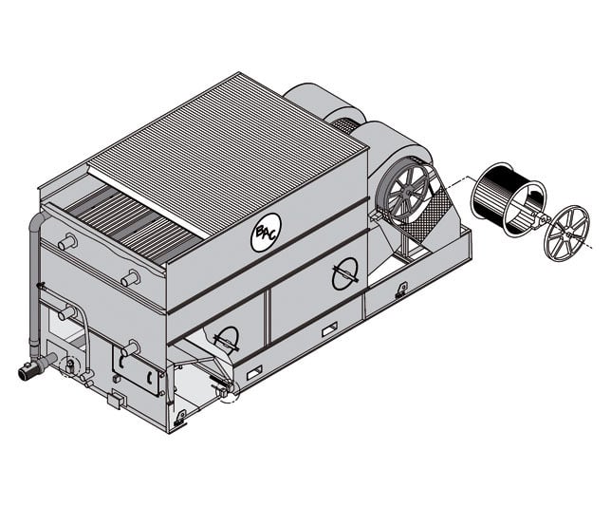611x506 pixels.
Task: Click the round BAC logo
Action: (x=267, y=233)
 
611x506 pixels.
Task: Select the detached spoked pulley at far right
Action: (x=566, y=231)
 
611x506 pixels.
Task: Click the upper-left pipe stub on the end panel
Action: (x=67, y=242)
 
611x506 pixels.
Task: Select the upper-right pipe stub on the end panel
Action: (x=130, y=278)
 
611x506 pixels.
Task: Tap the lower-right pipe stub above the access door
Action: (x=130, y=348)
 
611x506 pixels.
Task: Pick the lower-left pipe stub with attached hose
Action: (x=67, y=312)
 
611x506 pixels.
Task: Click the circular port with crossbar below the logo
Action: (x=344, y=273)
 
